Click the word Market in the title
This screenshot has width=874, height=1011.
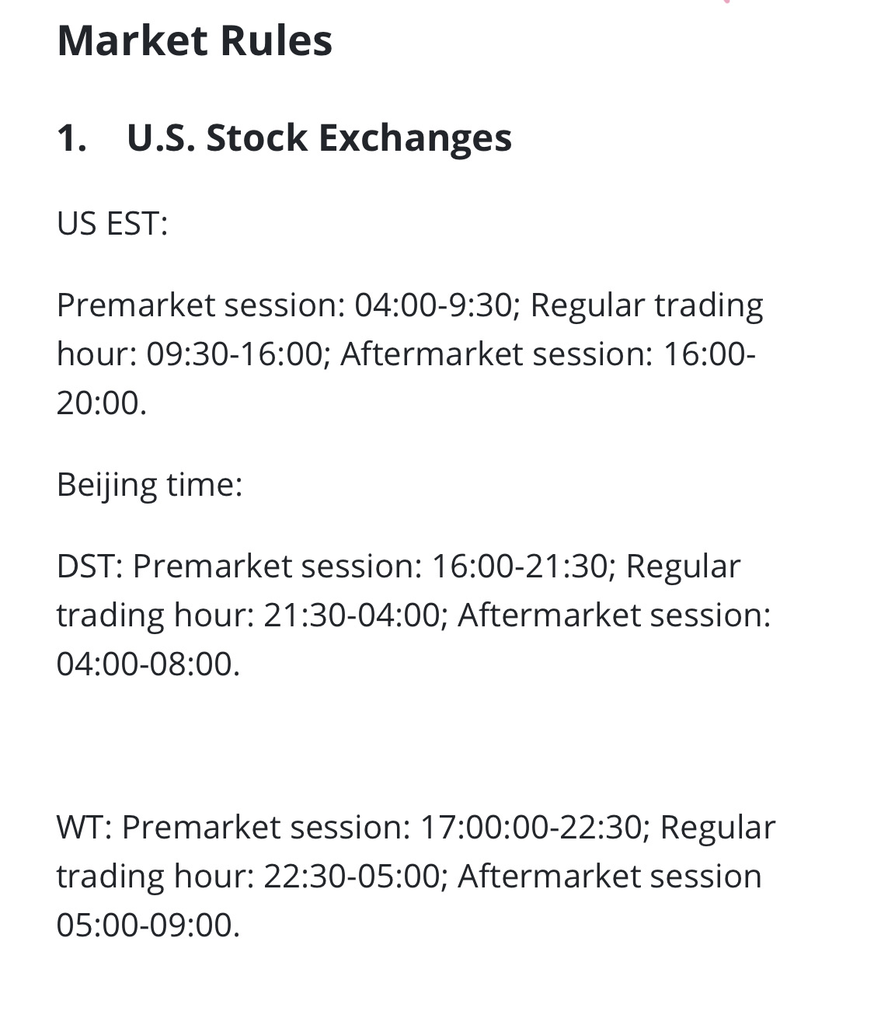[132, 40]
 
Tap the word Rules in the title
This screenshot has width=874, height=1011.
[277, 40]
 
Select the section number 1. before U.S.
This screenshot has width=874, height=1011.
[71, 138]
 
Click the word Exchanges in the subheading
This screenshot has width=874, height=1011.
[415, 139]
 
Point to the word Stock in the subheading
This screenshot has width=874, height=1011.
[257, 138]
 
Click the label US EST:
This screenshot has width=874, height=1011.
[113, 224]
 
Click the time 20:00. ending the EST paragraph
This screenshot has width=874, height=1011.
[102, 403]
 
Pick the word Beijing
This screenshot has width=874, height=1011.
[106, 486]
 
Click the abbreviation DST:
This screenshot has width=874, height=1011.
[90, 567]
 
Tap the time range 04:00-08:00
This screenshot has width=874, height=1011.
[148, 664]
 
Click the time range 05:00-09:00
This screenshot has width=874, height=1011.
[148, 926]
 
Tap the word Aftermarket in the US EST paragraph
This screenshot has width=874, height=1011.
[431, 354]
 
